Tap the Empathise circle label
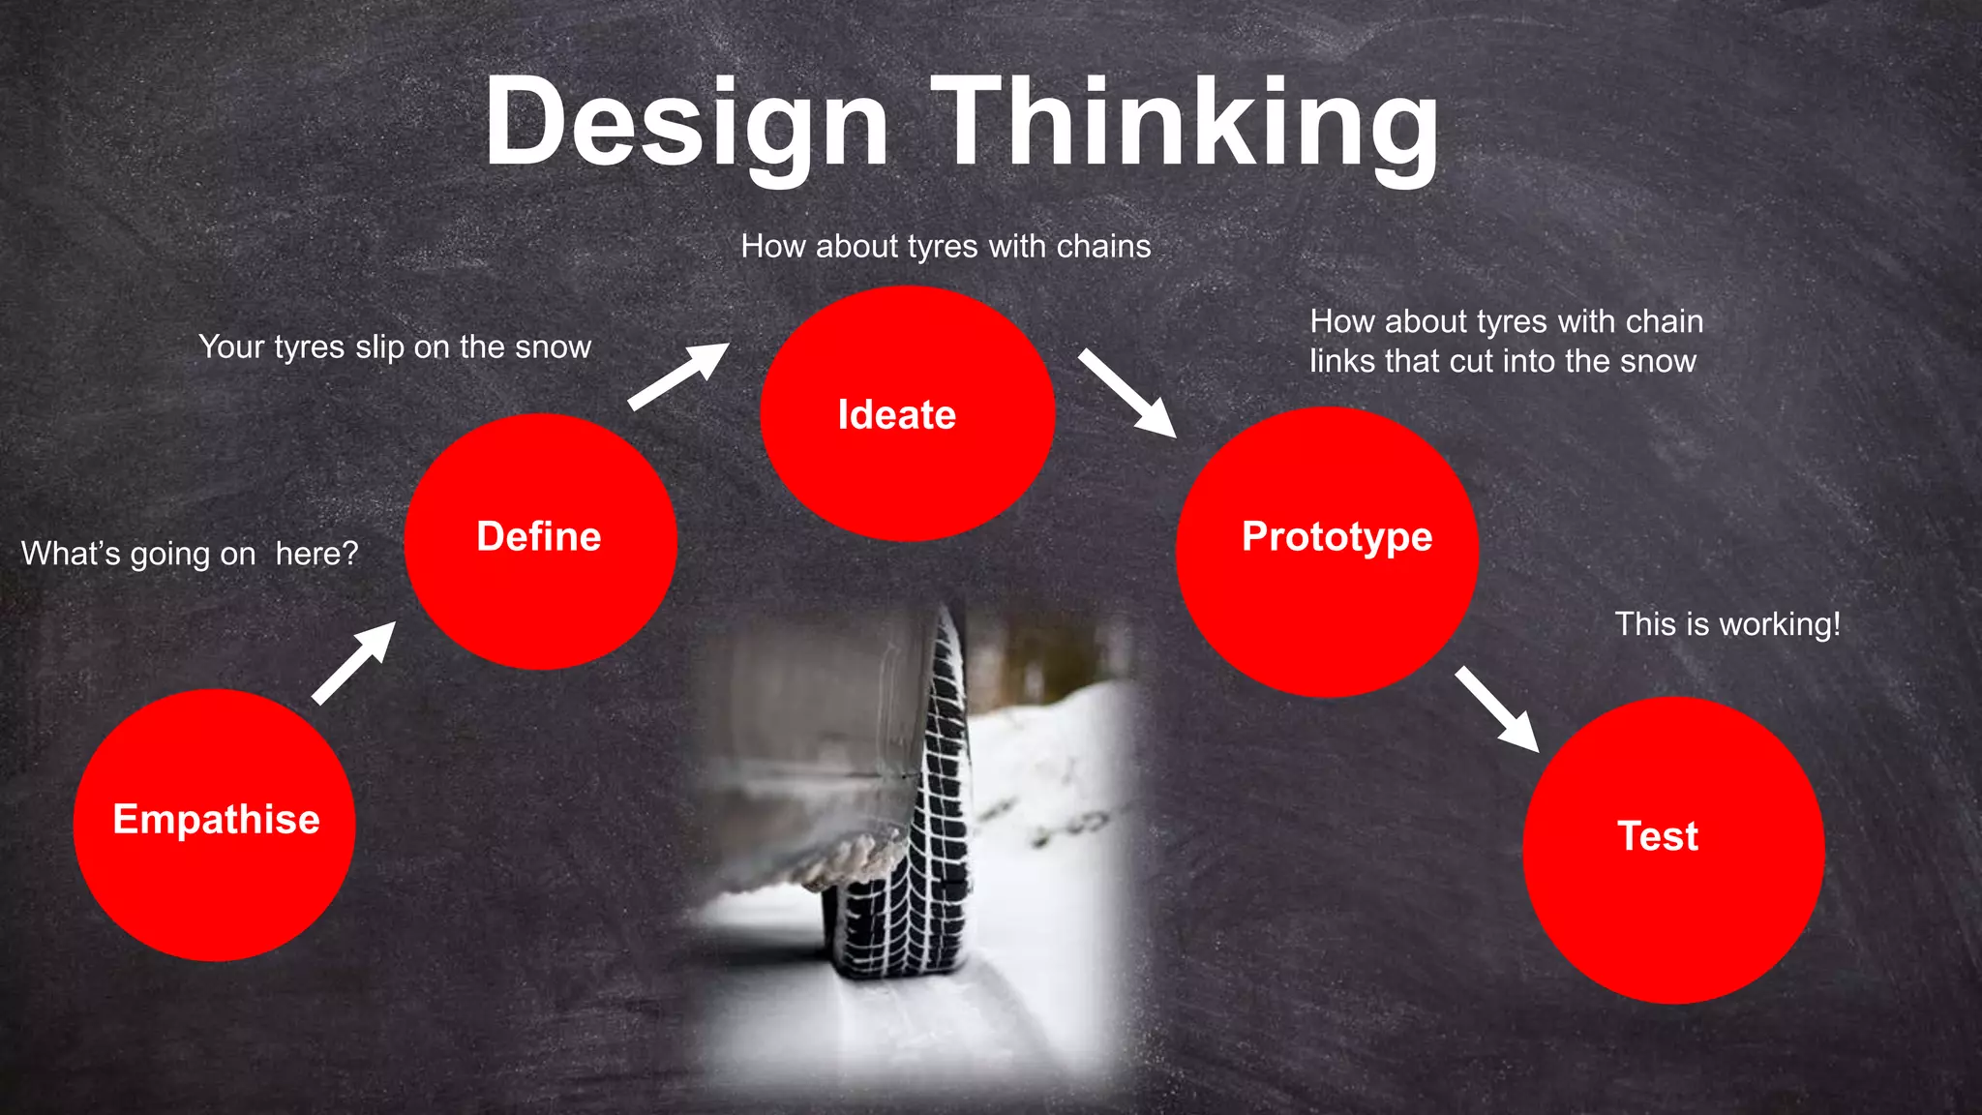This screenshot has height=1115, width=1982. click(216, 820)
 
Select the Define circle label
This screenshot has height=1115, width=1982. click(539, 536)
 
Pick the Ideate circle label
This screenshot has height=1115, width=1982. click(897, 415)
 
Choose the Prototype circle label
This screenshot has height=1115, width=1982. click(1336, 536)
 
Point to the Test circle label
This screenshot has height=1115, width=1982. click(1658, 836)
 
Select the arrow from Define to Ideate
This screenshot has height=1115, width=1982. click(678, 377)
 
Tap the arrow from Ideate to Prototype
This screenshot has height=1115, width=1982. click(1127, 393)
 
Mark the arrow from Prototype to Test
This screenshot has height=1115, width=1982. click(1497, 709)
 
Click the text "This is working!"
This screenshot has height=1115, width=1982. click(1727, 624)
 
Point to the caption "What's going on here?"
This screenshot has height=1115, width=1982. click(190, 554)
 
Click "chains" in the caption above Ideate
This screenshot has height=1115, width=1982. click(1103, 247)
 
